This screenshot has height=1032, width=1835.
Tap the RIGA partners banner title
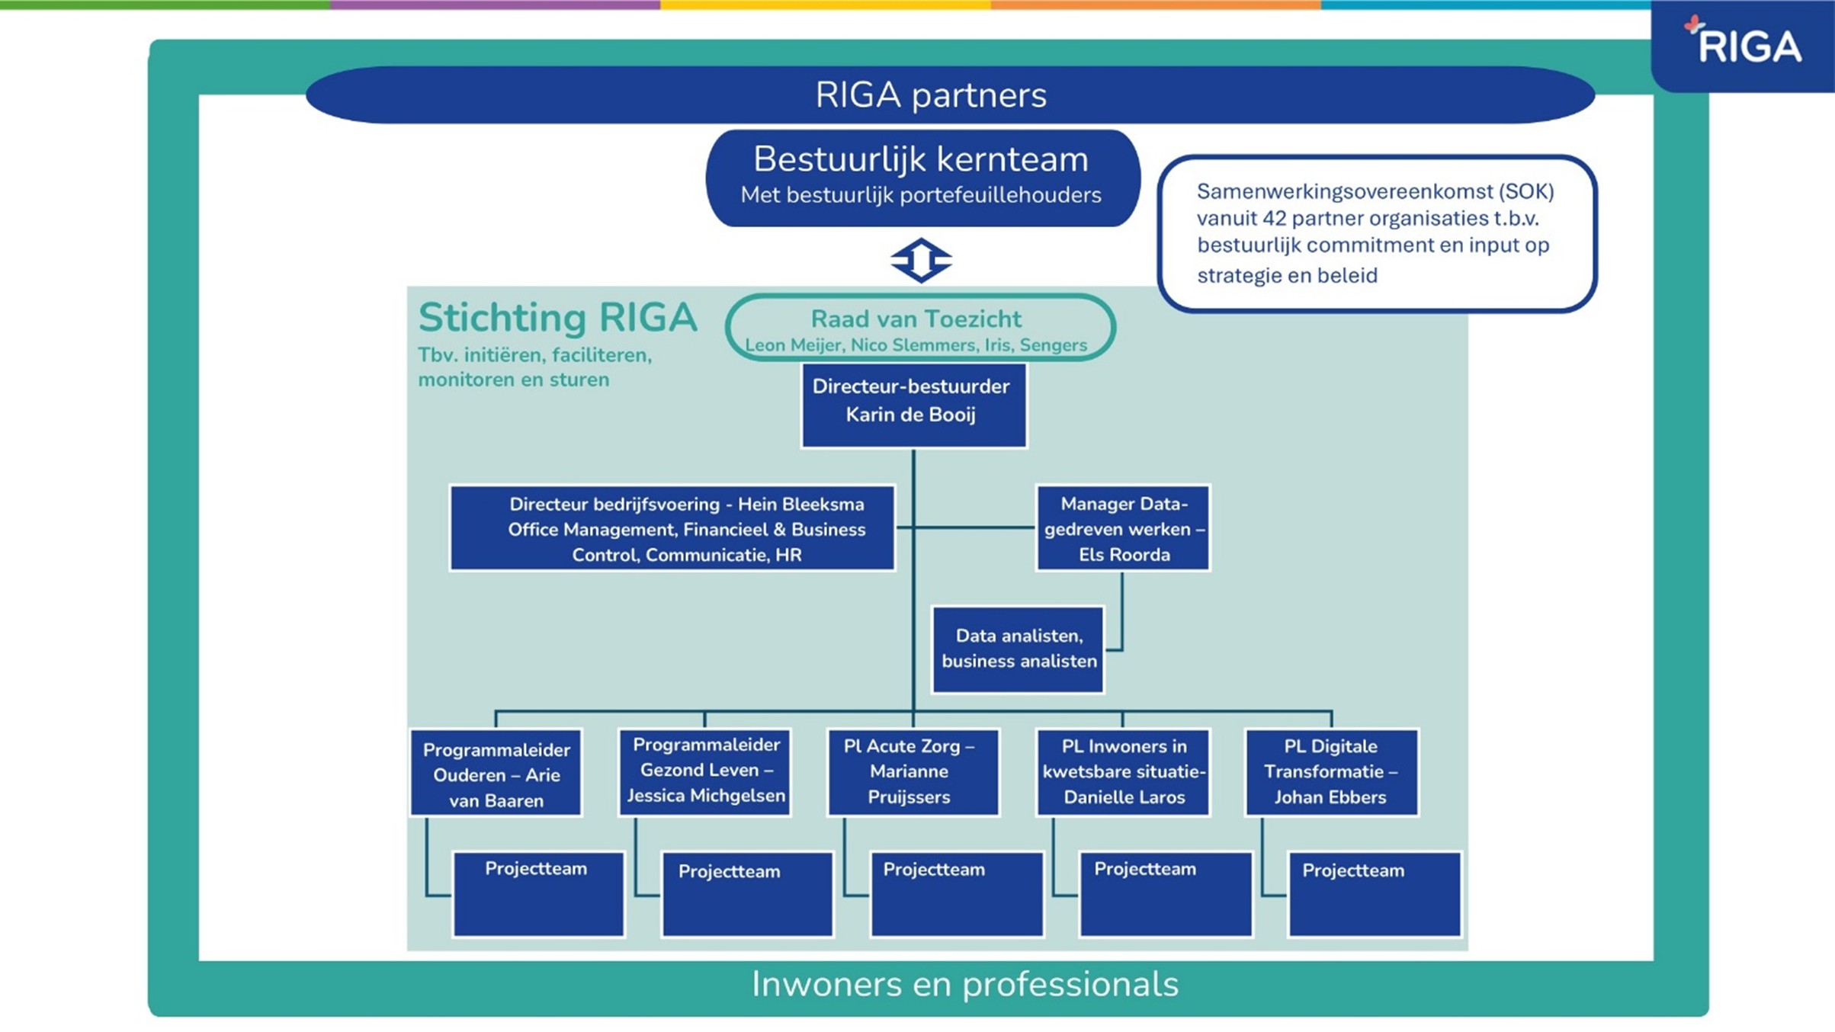tap(931, 95)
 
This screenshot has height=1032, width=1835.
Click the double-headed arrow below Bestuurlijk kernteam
tap(921, 260)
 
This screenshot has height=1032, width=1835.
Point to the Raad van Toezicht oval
tap(920, 327)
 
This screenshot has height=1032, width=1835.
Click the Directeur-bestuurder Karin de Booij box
tap(913, 405)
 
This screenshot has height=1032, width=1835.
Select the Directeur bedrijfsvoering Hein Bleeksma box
tap(672, 528)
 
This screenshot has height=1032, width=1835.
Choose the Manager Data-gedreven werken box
tap(1123, 528)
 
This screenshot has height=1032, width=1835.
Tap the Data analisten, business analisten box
tap(1019, 649)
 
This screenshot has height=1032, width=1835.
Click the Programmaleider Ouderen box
tap(496, 773)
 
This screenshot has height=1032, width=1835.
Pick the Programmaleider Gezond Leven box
tap(705, 771)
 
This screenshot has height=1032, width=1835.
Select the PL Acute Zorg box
tap(913, 772)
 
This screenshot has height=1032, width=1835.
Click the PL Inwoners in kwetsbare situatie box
tap(1123, 772)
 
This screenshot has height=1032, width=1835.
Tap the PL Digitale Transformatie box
tap(1331, 772)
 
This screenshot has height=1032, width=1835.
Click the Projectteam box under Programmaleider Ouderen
tap(538, 893)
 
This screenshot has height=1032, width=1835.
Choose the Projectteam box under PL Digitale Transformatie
tap(1375, 893)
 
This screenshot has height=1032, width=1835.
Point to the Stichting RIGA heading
tap(557, 318)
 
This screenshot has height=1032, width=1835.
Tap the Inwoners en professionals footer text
tap(964, 984)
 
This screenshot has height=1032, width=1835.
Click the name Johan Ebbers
tap(1330, 797)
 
